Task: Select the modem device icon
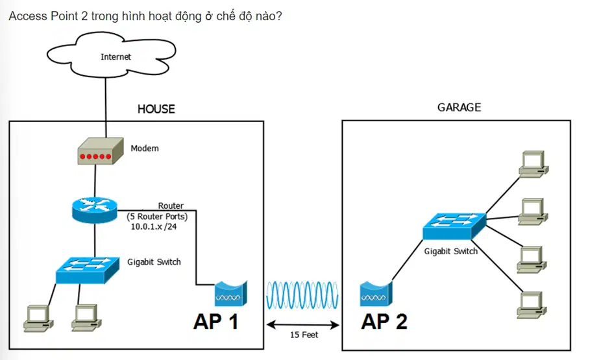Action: (101, 151)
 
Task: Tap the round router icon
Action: (94, 210)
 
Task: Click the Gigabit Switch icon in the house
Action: (87, 270)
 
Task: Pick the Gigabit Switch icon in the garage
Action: (454, 226)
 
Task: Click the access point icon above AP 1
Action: (230, 294)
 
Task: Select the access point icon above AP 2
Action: (376, 294)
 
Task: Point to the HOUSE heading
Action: (156, 109)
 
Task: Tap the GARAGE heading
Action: (459, 107)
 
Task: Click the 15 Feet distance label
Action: (304, 335)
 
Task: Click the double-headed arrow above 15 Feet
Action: (303, 325)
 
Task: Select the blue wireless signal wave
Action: (302, 295)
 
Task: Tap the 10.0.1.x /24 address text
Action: (154, 227)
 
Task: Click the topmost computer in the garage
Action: (534, 164)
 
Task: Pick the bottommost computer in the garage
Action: (532, 305)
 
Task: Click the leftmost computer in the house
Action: (38, 318)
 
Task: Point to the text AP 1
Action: (215, 321)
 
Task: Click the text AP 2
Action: (384, 321)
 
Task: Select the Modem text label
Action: (145, 148)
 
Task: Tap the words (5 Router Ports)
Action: (157, 217)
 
